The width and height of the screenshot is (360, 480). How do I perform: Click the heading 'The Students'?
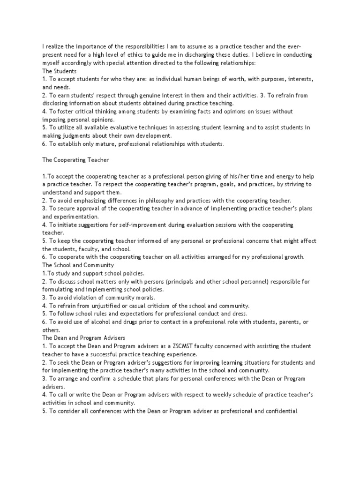(59, 71)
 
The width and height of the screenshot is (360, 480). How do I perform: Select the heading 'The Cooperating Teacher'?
(75, 160)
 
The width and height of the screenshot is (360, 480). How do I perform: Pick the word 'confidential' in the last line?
(280, 411)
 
